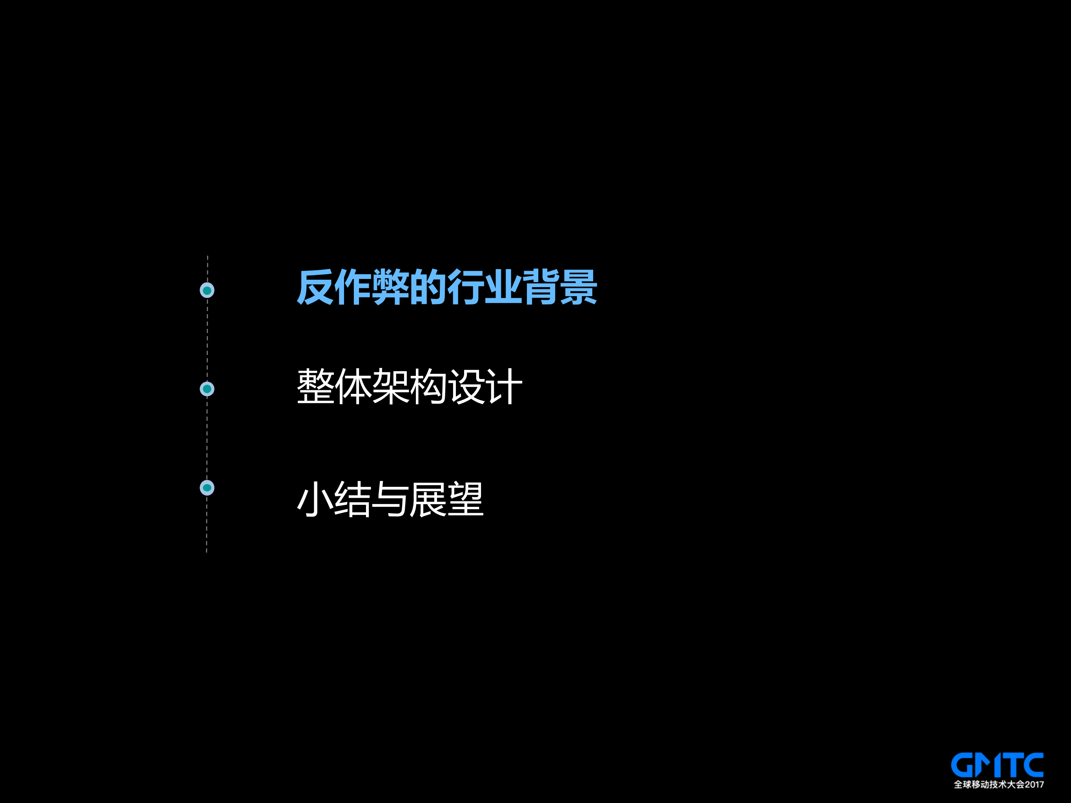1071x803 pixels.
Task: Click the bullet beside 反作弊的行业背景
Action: coord(207,290)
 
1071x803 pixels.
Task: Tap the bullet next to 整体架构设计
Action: coord(207,389)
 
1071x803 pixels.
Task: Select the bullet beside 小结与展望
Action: coord(207,488)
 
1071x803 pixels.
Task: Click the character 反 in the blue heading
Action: coord(315,288)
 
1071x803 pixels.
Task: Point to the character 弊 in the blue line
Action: coord(391,288)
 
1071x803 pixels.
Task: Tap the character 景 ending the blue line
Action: coord(579,288)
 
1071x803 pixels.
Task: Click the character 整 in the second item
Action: coord(315,386)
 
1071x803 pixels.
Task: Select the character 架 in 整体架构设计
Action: coord(391,386)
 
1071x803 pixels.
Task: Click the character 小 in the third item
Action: coord(315,499)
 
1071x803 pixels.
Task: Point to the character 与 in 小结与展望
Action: coord(391,499)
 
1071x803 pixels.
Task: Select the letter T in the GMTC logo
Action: coord(1011,765)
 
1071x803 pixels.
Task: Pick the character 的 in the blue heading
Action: coord(428,288)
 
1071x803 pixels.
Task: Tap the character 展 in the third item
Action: coord(428,499)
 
